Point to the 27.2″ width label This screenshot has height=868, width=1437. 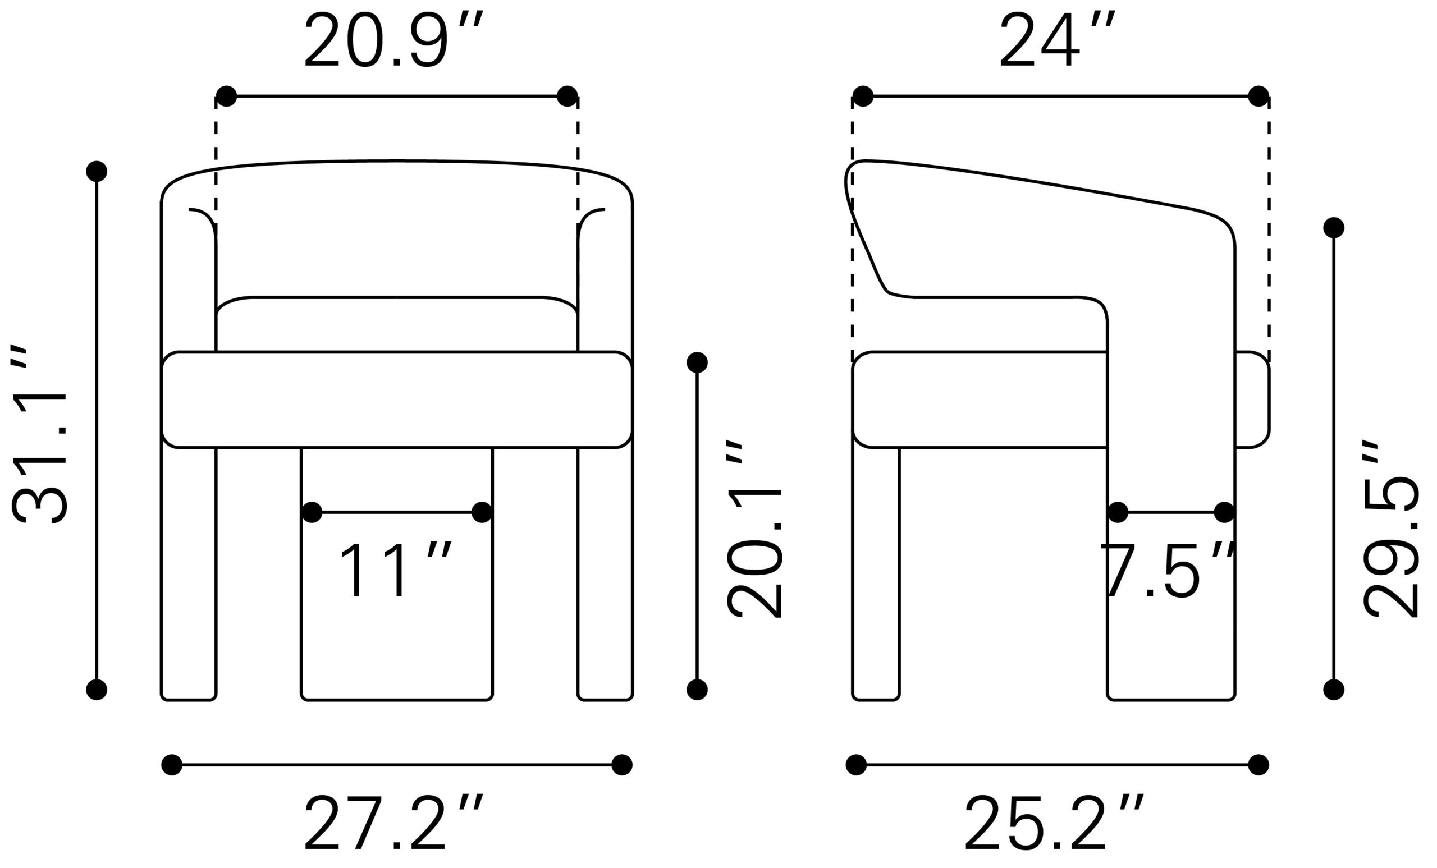tap(393, 823)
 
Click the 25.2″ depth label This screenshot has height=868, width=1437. tap(1054, 823)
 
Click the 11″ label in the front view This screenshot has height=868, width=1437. tap(395, 570)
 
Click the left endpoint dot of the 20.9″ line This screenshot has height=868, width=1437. tap(226, 96)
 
